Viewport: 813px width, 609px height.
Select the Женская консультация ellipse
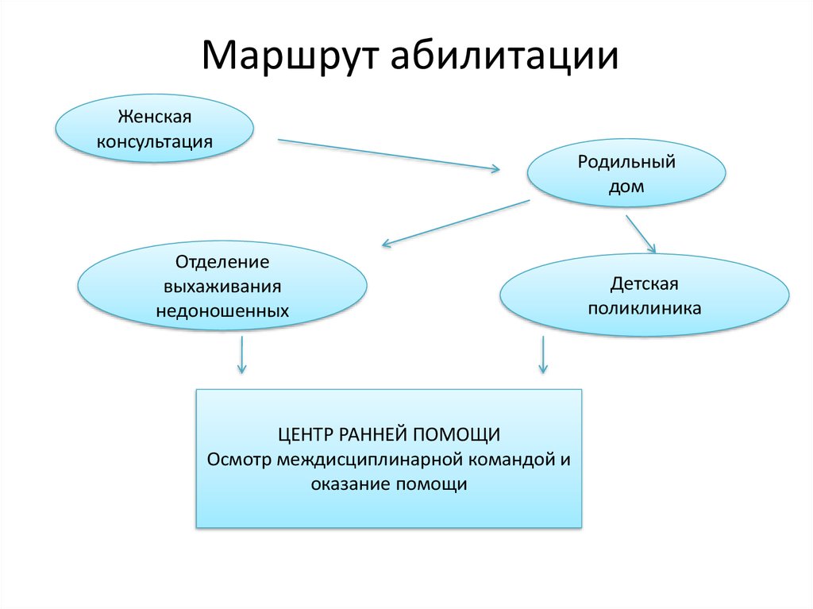154,129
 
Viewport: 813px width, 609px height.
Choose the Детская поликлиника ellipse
645,295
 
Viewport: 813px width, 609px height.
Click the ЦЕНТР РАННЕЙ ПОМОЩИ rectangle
389,458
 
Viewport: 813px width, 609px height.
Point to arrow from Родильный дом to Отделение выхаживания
455,222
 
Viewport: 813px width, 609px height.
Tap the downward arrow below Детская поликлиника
543,354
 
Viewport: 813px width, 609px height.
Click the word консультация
155,142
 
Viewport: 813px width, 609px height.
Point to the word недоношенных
222,310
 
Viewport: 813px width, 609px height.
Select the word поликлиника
645,308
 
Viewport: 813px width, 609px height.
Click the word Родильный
626,162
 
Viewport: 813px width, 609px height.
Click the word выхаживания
222,286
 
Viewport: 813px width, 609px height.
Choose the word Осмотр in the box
239,460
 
